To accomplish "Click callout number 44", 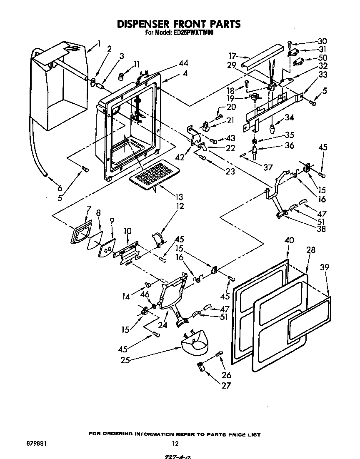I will coord(183,64).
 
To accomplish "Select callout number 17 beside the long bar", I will coord(232,56).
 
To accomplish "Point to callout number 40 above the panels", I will coord(289,241).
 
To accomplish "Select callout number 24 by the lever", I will coord(162,325).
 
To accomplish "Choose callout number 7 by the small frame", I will coord(88,208).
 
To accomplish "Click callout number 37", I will coord(268,167).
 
